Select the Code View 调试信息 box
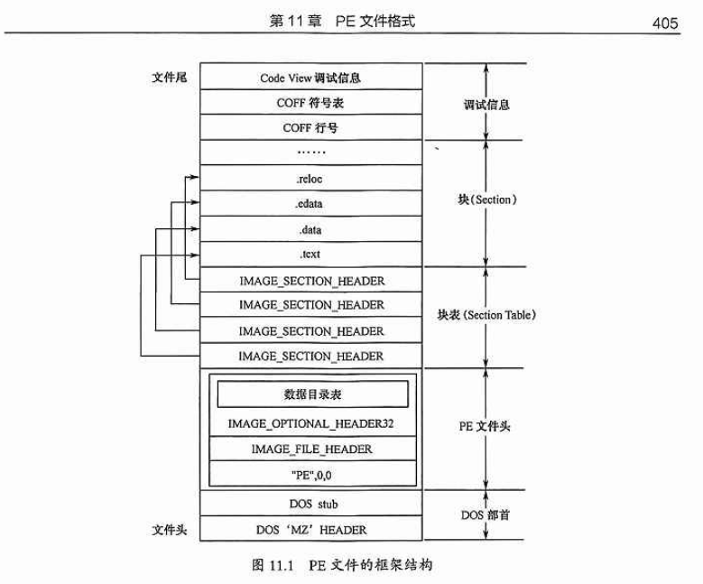coord(310,78)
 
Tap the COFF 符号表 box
coord(310,103)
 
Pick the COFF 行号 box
coord(310,128)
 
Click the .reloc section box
coord(310,179)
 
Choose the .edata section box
coord(310,204)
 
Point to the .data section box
coord(310,229)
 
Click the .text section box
coord(310,255)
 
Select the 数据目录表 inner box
coord(312,394)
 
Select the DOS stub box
coord(310,503)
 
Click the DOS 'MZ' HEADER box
coord(310,530)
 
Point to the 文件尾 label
coord(168,78)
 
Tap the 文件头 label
coord(168,530)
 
